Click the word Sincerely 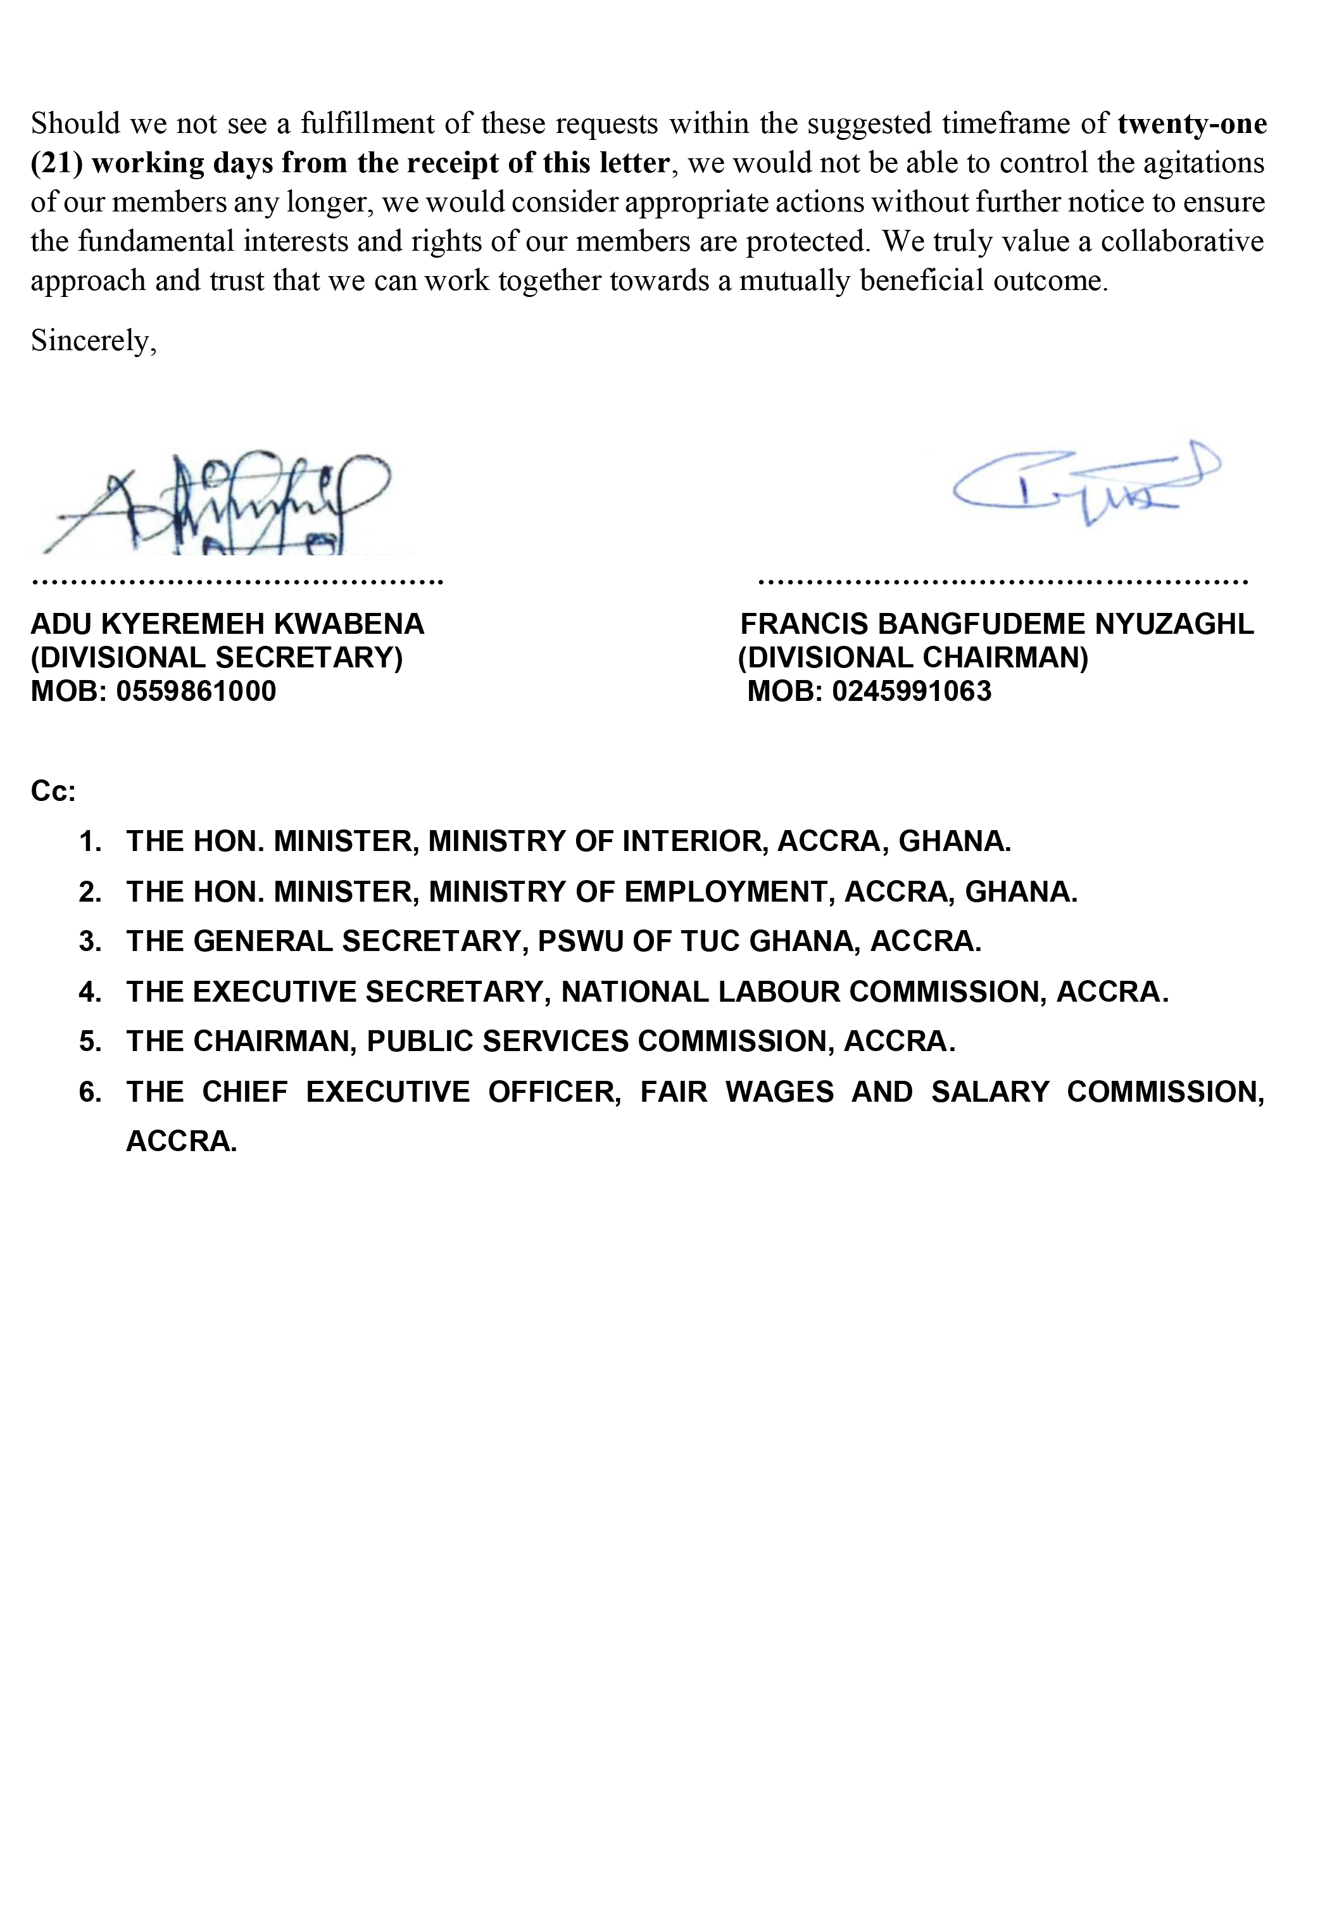click(x=91, y=341)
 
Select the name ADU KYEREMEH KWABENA click(x=227, y=624)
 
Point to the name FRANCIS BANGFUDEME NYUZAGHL click(x=997, y=624)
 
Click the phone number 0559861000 click(x=196, y=691)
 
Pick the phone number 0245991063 click(x=911, y=691)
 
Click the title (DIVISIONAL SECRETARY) click(x=217, y=658)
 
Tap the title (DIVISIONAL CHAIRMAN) click(x=913, y=658)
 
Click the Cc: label click(x=53, y=791)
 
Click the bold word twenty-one click(x=1192, y=123)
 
